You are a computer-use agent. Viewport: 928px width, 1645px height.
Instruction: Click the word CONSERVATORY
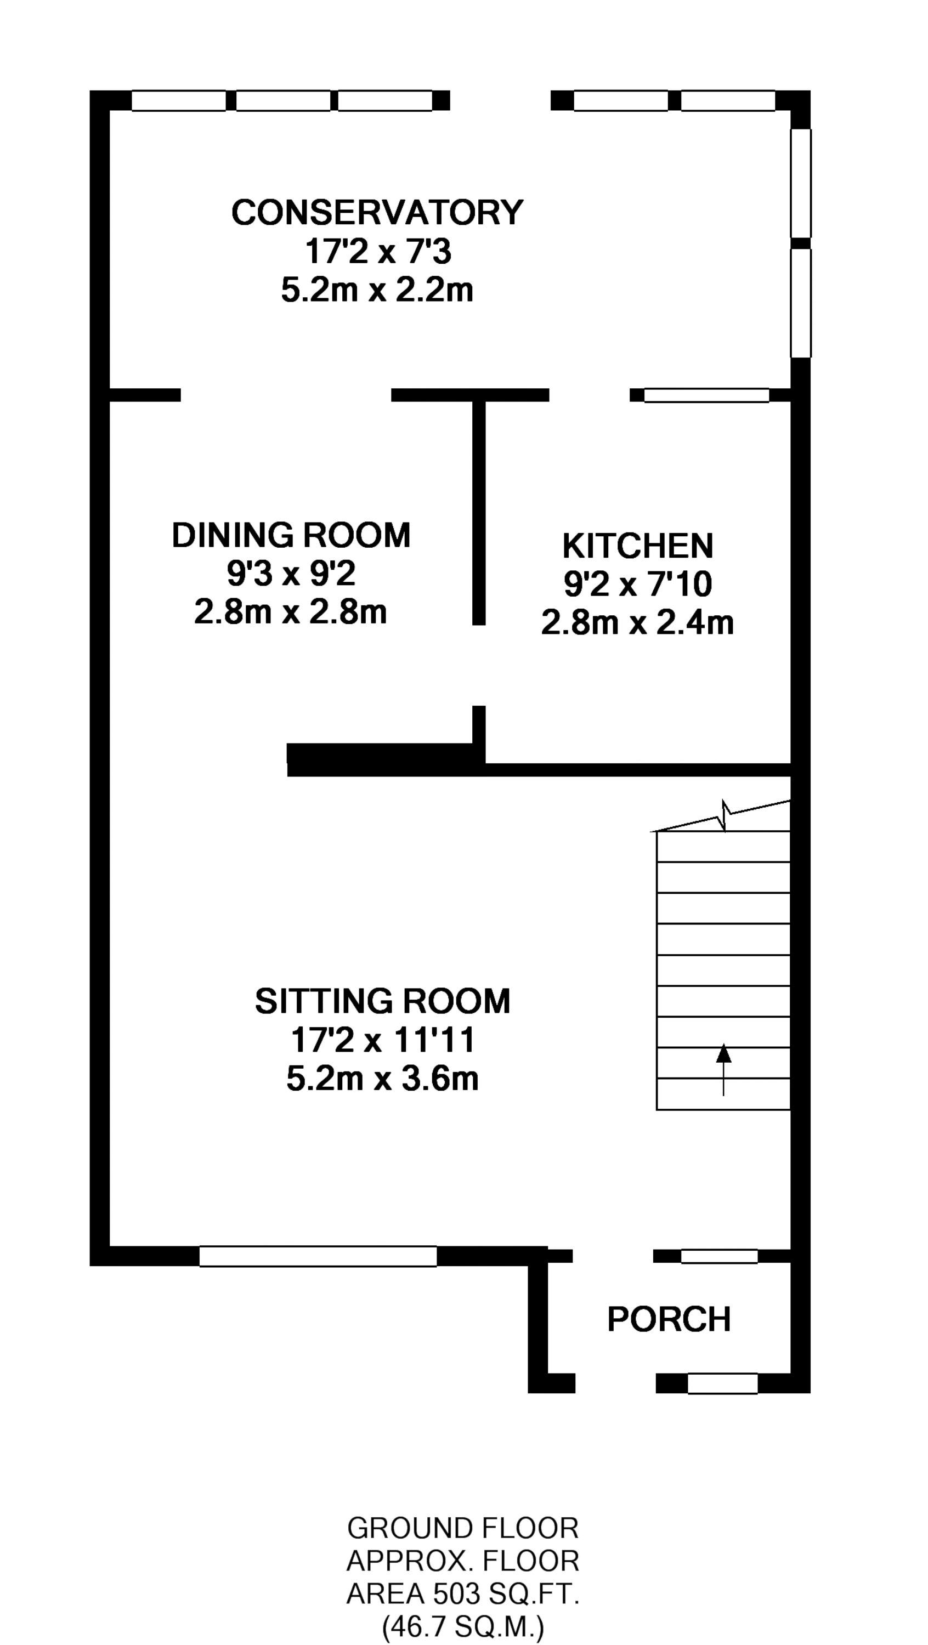pos(377,213)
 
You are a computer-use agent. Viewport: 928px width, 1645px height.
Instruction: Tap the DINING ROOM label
pos(291,535)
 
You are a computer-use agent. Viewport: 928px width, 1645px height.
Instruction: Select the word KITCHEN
pos(637,546)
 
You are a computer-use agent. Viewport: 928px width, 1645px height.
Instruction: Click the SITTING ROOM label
pos(383,1001)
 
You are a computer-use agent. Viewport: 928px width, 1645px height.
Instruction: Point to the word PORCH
pos(669,1319)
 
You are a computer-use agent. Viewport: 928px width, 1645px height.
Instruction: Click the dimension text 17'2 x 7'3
pos(378,252)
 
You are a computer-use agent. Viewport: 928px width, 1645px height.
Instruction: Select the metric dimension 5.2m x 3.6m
pos(383,1079)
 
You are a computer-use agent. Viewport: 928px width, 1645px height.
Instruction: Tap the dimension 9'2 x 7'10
pos(637,585)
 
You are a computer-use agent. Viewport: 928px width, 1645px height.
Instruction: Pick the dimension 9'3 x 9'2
pos(291,574)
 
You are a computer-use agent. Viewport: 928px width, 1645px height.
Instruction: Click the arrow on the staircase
pos(723,1070)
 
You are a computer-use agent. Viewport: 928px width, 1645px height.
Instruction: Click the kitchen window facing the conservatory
pos(706,395)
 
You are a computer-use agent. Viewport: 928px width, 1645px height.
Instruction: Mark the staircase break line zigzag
pos(725,816)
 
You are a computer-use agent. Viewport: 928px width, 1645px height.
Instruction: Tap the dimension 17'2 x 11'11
pos(383,1040)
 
